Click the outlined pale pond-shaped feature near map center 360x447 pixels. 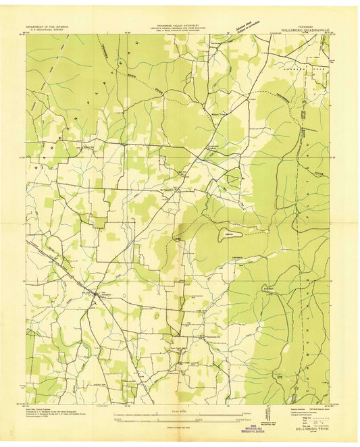point(224,236)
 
